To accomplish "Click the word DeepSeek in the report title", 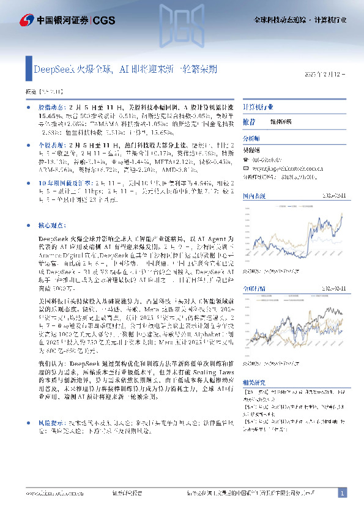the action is (x=54, y=70).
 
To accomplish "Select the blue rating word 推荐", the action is (x=250, y=122).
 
